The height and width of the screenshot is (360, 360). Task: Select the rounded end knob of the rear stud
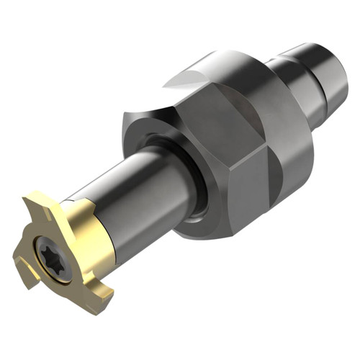tap(331, 65)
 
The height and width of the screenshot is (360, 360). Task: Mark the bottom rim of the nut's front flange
tap(194, 234)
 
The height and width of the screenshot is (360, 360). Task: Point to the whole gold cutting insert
tap(68, 245)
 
